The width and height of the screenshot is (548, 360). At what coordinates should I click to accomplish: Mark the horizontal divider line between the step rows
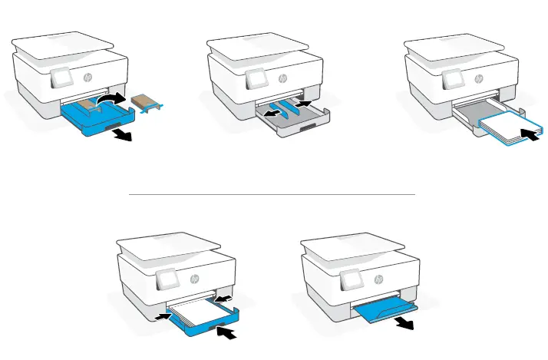(272, 194)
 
